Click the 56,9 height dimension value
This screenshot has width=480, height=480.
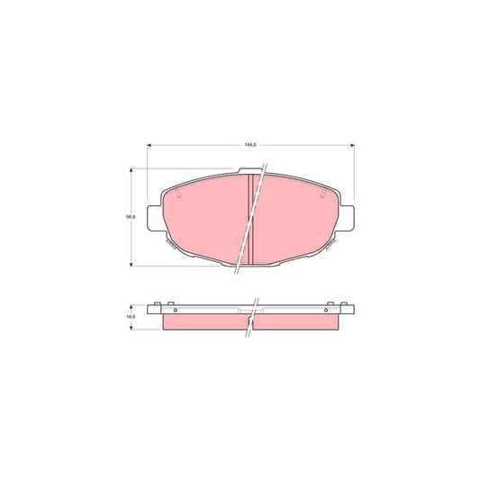(x=130, y=216)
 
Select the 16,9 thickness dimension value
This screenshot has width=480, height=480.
(x=130, y=317)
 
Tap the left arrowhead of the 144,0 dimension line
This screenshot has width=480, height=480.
(x=149, y=147)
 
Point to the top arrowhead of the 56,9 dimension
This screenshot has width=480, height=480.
(x=134, y=169)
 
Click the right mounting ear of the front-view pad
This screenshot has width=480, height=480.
(x=347, y=217)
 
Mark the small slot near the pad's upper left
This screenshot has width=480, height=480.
(x=180, y=193)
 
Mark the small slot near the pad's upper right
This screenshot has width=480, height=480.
(x=322, y=193)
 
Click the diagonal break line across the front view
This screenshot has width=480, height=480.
(x=249, y=221)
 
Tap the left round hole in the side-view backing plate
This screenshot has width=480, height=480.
(x=175, y=310)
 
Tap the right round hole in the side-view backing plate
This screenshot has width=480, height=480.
(x=325, y=310)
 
